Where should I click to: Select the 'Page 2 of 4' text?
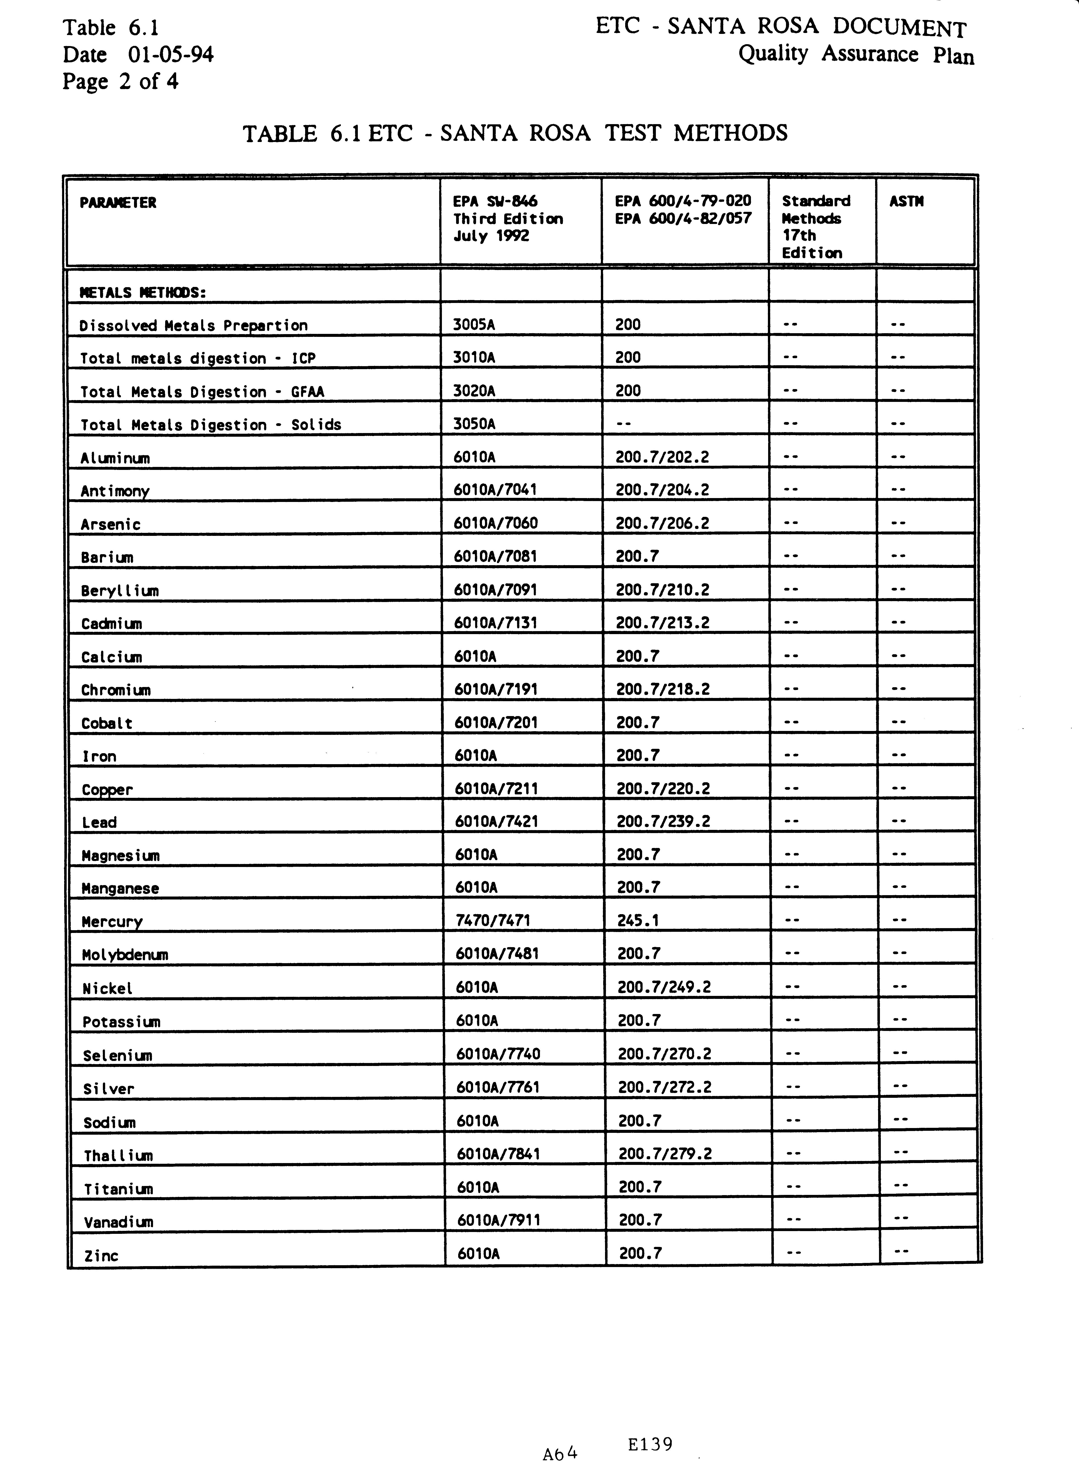120,82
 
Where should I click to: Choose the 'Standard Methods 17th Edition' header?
816,226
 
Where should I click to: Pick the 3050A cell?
474,424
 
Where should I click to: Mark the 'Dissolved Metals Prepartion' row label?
193,325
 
